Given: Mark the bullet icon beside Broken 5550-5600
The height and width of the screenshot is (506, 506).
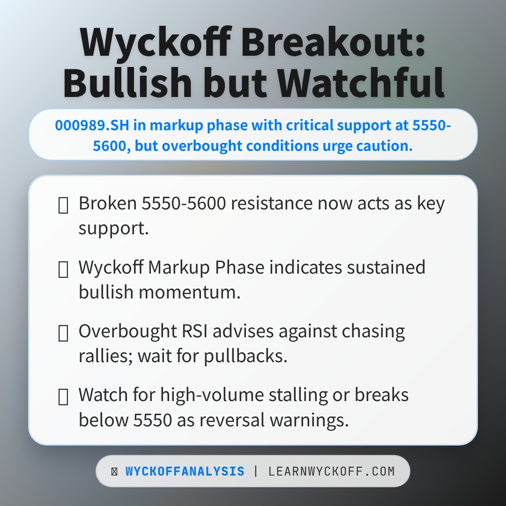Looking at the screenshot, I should (63, 205).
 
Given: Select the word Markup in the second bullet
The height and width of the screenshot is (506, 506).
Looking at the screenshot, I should (179, 268).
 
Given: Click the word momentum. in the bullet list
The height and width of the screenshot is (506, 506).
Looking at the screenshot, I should (190, 292).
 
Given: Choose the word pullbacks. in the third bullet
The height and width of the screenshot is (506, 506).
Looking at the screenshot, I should (245, 356).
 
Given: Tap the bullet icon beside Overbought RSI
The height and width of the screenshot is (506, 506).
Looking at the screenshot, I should (63, 333).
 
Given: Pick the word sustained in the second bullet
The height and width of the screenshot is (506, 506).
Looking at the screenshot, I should (386, 268).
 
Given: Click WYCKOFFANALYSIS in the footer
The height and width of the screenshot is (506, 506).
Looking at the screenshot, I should (185, 471).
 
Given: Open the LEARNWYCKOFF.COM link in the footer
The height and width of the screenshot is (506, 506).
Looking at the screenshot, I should (331, 471).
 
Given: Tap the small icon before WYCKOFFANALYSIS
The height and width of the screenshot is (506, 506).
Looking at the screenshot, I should (114, 471).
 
